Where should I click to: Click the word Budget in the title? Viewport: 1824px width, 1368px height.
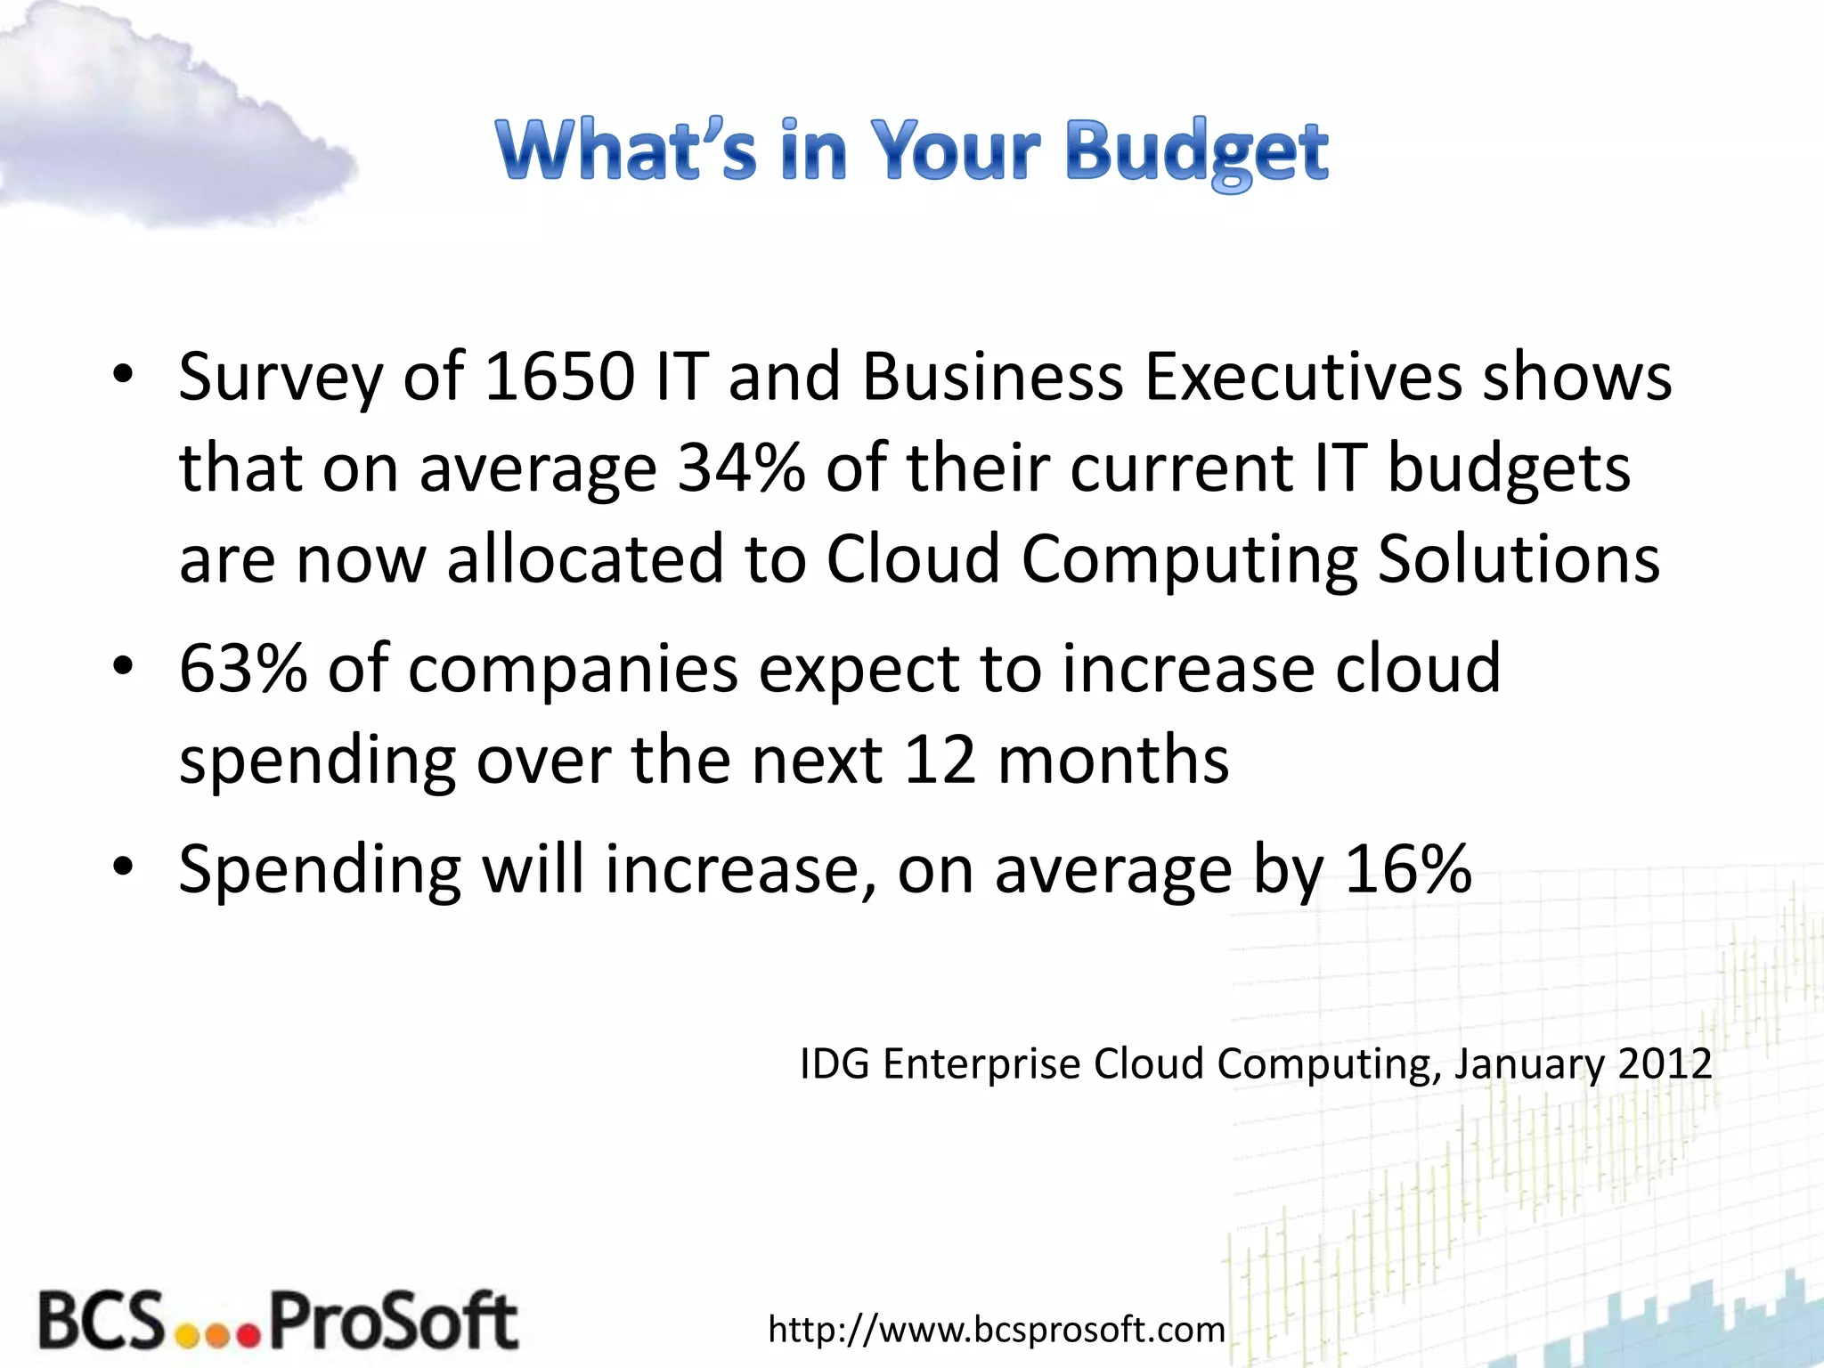click(x=1196, y=153)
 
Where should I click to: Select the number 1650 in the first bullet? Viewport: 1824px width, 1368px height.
click(x=559, y=376)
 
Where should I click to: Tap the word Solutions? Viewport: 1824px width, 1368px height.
click(x=1519, y=559)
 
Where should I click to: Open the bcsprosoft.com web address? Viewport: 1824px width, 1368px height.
click(x=997, y=1330)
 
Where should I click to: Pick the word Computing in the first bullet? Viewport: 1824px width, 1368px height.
click(x=1189, y=559)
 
